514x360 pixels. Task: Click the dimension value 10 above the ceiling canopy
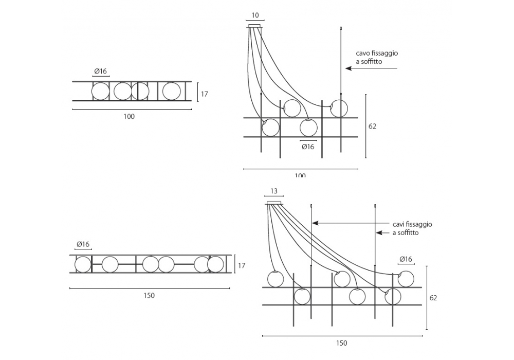click(x=255, y=15)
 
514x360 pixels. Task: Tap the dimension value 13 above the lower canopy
click(x=274, y=191)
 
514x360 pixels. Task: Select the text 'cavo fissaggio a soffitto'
click(x=377, y=57)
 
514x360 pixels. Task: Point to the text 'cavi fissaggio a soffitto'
click(x=412, y=228)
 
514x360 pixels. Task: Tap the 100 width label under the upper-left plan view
click(x=129, y=116)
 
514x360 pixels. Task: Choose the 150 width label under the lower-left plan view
click(x=149, y=295)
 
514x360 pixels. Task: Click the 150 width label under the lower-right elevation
click(x=342, y=343)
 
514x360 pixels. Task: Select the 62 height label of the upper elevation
click(x=373, y=126)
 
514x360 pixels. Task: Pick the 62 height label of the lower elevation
click(x=433, y=298)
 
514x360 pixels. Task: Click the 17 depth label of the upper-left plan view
click(x=204, y=94)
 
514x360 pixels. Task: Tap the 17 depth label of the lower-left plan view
click(x=242, y=265)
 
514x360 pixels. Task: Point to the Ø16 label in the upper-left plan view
click(x=101, y=71)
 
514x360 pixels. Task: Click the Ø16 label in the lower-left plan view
click(x=83, y=244)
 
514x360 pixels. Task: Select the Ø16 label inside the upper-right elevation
click(x=308, y=147)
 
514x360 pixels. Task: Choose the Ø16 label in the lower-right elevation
click(x=406, y=259)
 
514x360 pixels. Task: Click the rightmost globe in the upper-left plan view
click(x=171, y=92)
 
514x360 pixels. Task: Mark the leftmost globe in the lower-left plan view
click(x=83, y=264)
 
